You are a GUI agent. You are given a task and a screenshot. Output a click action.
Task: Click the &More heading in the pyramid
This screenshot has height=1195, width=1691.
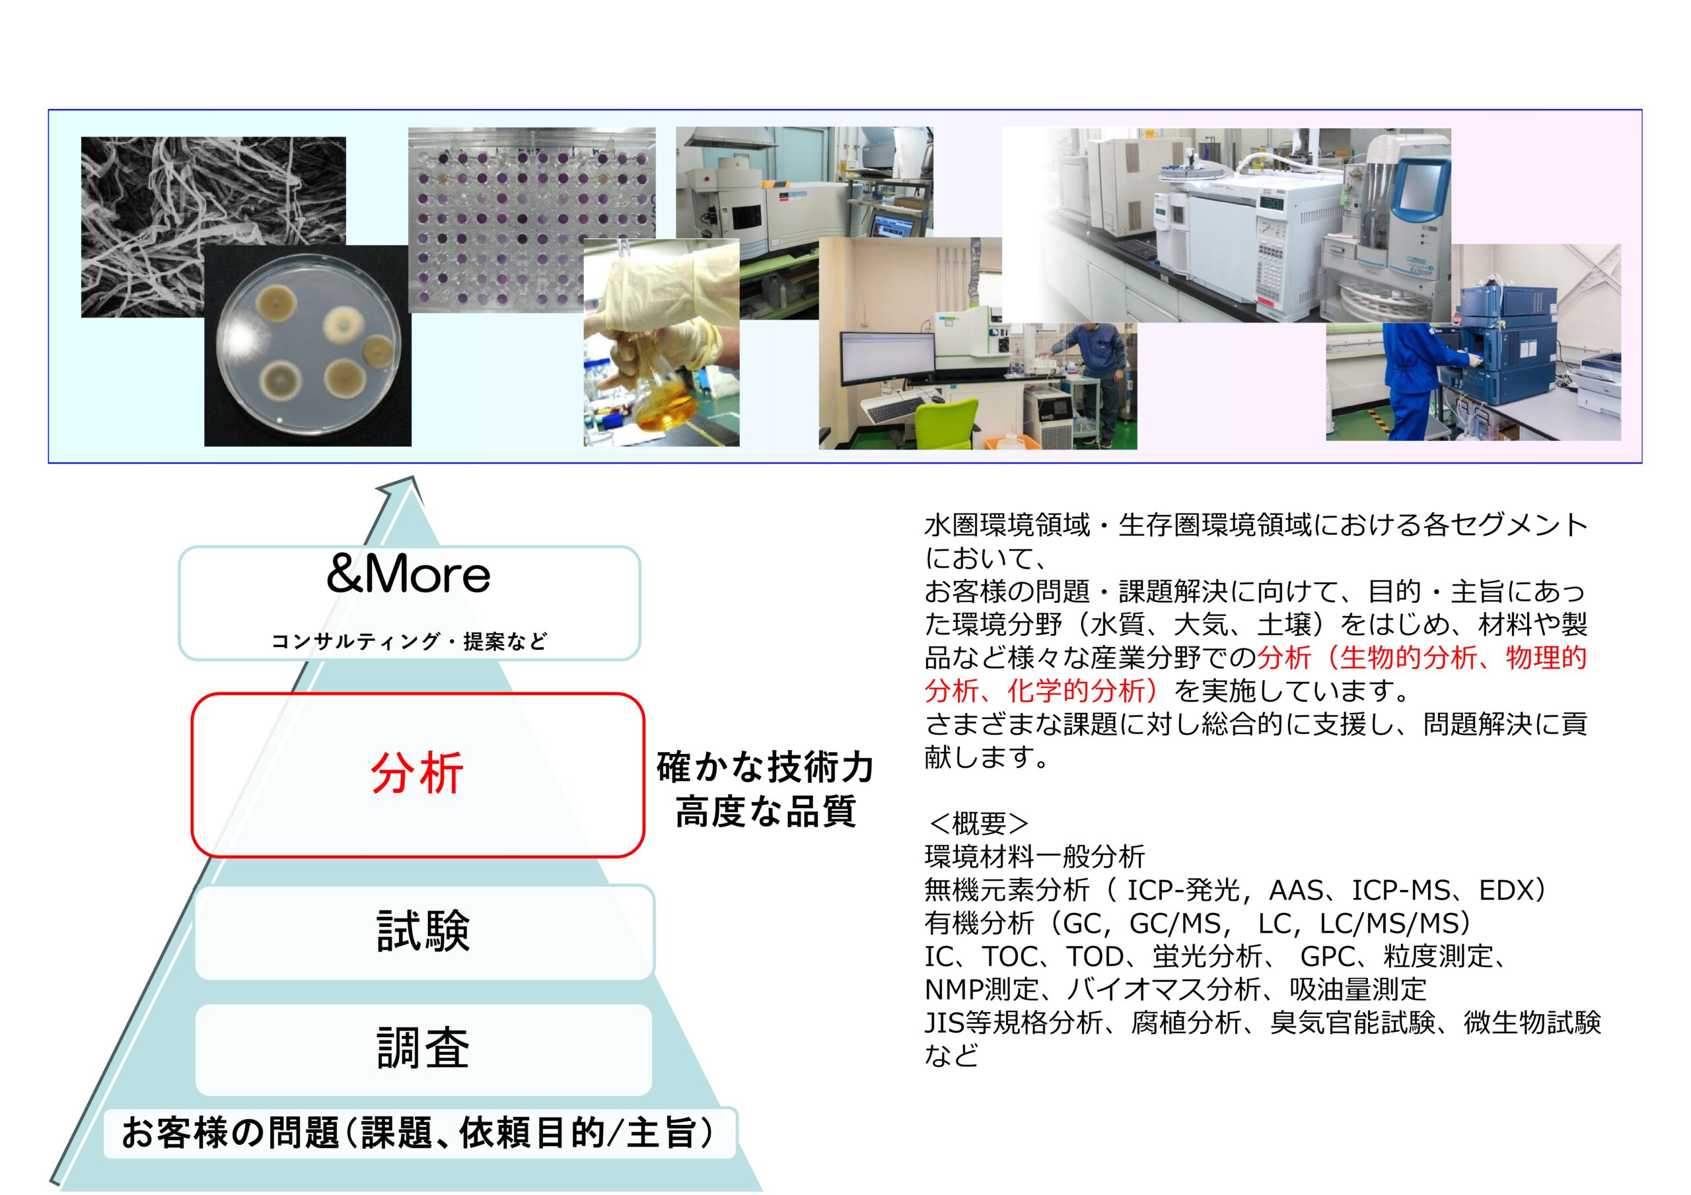(408, 574)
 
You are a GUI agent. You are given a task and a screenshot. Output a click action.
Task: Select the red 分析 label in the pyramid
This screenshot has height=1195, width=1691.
(417, 773)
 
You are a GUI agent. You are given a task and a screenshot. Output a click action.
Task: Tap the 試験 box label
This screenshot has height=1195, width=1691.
(423, 931)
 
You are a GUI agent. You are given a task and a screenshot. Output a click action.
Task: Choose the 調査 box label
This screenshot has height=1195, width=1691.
(423, 1048)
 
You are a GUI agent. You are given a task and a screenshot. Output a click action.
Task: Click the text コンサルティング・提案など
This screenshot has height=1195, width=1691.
(410, 641)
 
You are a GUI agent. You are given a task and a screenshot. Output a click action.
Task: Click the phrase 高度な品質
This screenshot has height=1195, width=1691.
(766, 811)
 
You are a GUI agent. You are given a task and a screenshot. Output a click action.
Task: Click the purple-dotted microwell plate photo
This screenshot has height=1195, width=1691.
(532, 219)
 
